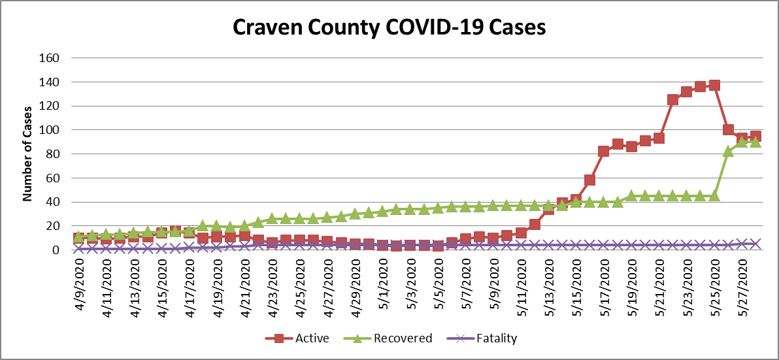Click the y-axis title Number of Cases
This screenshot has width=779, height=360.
tap(27, 154)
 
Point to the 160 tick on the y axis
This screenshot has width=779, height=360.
tap(50, 57)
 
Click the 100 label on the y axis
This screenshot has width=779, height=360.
tap(50, 130)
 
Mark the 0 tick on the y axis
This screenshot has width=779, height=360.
tap(56, 250)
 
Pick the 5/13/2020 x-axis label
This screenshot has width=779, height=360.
tap(550, 280)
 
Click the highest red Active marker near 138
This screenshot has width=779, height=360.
tap(714, 85)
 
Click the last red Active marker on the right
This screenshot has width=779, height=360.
tap(755, 137)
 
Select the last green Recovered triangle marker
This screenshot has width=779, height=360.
tap(755, 142)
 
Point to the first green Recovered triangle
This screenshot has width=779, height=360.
tap(78, 237)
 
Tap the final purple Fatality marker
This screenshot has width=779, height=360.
tap(755, 243)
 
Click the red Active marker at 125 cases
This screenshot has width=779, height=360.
tap(672, 100)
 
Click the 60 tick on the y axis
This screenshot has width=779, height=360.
tap(52, 178)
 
